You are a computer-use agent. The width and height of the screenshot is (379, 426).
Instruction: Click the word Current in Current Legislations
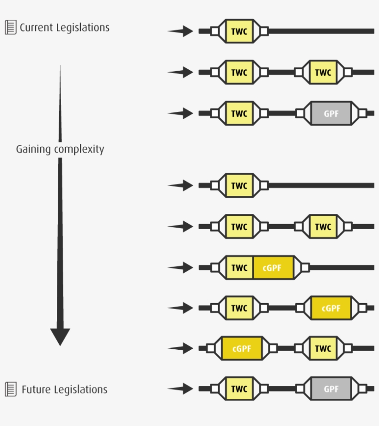[x=36, y=28]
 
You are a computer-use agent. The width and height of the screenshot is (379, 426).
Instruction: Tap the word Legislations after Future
[x=81, y=390]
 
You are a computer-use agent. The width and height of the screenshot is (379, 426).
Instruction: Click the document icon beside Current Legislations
[x=10, y=27]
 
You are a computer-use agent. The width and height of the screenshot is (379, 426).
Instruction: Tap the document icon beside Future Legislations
[x=10, y=389]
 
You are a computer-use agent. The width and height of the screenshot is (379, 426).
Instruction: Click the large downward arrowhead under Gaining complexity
[x=60, y=336]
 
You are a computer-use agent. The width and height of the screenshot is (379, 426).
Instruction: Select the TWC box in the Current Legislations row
[x=239, y=31]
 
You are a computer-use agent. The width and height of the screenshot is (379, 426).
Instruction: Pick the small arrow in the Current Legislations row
[x=181, y=31]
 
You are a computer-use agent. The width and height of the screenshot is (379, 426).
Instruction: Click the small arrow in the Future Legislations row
[x=181, y=389]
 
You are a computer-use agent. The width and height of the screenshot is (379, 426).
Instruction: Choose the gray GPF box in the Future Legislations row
[x=331, y=389]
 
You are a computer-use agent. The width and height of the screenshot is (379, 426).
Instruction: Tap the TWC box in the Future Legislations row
[x=239, y=389]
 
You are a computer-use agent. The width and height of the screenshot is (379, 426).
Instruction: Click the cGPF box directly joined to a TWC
[x=273, y=268]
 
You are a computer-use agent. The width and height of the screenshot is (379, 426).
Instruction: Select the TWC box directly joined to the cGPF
[x=239, y=268]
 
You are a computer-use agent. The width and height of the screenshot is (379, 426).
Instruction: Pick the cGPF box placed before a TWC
[x=242, y=349]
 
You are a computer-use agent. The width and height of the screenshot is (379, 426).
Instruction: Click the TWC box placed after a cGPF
[x=323, y=349]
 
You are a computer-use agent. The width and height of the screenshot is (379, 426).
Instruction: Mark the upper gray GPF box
[x=331, y=113]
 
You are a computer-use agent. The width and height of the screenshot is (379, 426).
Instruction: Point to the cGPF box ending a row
[x=331, y=308]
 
